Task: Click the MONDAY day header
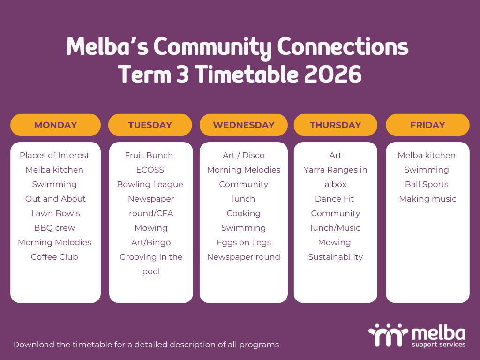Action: [x=55, y=125]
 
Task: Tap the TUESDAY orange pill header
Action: [x=150, y=125]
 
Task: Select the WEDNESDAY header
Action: [x=244, y=125]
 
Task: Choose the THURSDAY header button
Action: [x=336, y=125]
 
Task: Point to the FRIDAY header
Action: [x=427, y=125]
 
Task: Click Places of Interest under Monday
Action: [x=54, y=155]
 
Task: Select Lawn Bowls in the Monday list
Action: [x=55, y=213]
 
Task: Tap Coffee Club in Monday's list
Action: [x=54, y=257]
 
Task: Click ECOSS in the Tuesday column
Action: [x=150, y=170]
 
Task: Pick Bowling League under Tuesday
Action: [x=150, y=184]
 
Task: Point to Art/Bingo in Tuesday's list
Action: [x=151, y=242]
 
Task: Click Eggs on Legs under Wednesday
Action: [x=244, y=242]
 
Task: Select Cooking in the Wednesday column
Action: [x=244, y=213]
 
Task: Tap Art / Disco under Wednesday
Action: [x=244, y=155]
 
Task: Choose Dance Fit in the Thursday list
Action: [x=334, y=199]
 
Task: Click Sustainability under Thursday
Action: [x=336, y=257]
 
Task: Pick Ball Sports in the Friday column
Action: [x=427, y=184]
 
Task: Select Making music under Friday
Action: [x=427, y=199]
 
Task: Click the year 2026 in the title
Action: [x=333, y=75]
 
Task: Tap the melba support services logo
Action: [x=417, y=336]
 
